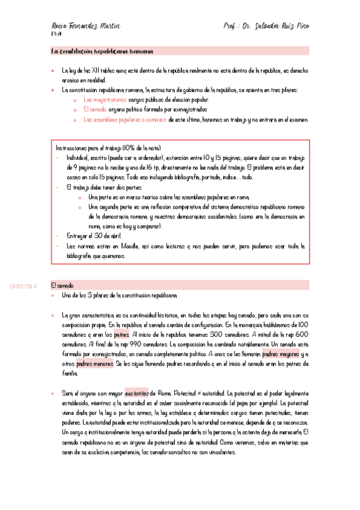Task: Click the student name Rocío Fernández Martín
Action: pyautogui.click(x=85, y=27)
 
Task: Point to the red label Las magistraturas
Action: pyautogui.click(x=105, y=100)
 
